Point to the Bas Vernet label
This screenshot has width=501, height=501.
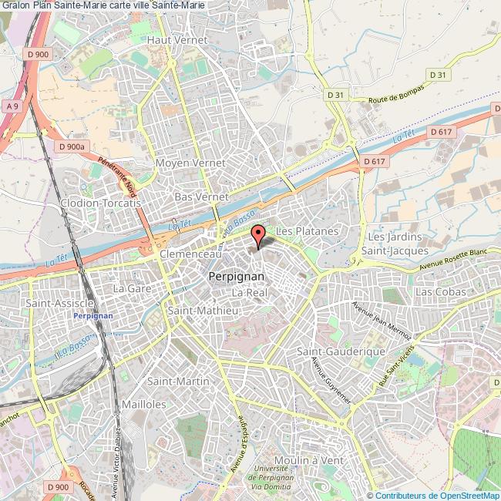[x=200, y=197]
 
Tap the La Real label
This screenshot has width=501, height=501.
[x=249, y=294]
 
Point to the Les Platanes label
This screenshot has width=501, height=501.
[x=307, y=231]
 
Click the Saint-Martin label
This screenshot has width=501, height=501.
[x=174, y=382]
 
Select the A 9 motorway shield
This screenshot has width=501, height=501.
[x=11, y=106]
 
